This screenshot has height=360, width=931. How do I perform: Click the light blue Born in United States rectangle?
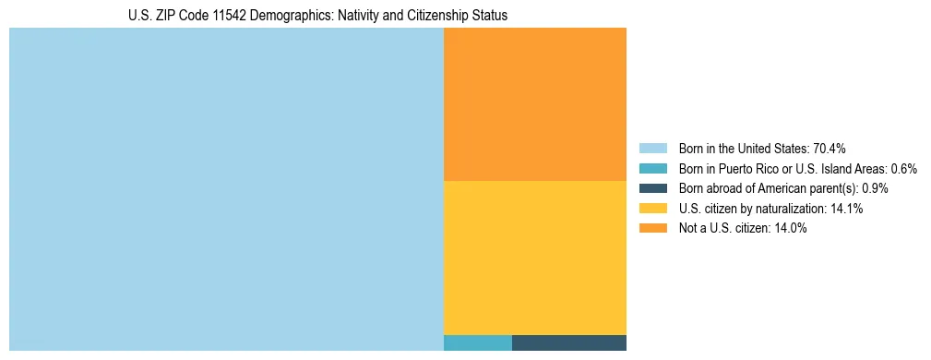click(226, 189)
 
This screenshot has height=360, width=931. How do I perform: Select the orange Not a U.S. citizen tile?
click(535, 103)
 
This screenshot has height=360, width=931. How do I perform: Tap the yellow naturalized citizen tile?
click(535, 258)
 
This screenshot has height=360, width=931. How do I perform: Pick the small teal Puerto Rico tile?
click(478, 342)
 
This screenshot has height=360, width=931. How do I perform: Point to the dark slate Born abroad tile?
click(569, 342)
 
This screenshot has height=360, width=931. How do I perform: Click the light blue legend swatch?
click(652, 149)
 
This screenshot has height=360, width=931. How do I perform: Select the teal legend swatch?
click(652, 169)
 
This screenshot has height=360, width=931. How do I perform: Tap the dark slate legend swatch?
click(652, 188)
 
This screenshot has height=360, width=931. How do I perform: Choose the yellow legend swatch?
click(652, 209)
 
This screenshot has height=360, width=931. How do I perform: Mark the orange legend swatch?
click(652, 229)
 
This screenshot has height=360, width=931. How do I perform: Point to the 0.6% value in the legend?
click(904, 169)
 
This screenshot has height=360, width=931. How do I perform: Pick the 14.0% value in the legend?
click(791, 229)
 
